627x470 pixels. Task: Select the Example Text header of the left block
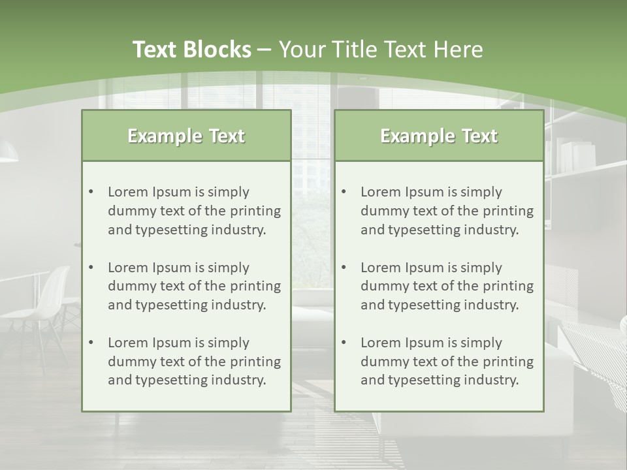[186, 136]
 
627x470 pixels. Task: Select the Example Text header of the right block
[439, 136]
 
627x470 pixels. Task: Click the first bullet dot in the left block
[91, 192]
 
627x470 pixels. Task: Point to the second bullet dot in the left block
[91, 268]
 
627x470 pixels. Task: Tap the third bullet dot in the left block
[91, 343]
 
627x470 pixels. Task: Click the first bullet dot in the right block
[344, 192]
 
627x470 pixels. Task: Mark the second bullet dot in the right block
[344, 268]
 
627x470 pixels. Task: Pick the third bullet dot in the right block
[344, 343]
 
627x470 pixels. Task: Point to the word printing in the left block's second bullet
[255, 286]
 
